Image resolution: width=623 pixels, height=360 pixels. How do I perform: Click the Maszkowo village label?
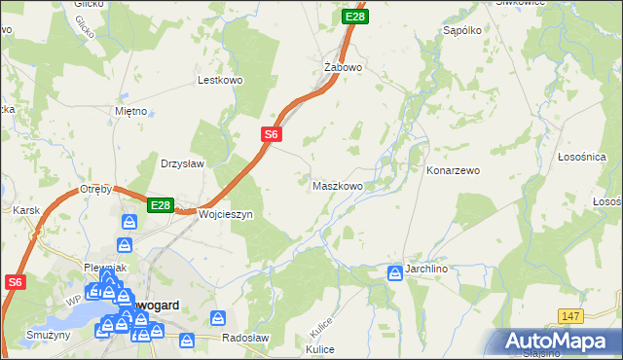338,185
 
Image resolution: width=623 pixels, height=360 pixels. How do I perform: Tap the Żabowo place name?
343,68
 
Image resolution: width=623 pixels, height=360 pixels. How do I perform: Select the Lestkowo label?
219,81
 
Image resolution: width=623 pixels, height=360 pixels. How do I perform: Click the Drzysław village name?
182,163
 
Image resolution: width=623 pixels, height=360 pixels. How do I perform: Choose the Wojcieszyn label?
226,214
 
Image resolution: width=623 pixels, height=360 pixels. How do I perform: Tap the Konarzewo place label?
454,170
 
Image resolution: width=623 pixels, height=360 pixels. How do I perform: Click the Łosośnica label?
582,157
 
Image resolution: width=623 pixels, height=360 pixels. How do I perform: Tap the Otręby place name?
98,189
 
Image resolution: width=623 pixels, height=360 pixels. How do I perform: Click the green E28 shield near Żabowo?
355,17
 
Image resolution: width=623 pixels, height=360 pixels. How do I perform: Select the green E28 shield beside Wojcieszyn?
161,205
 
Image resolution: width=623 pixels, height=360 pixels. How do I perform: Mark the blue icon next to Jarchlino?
395,273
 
